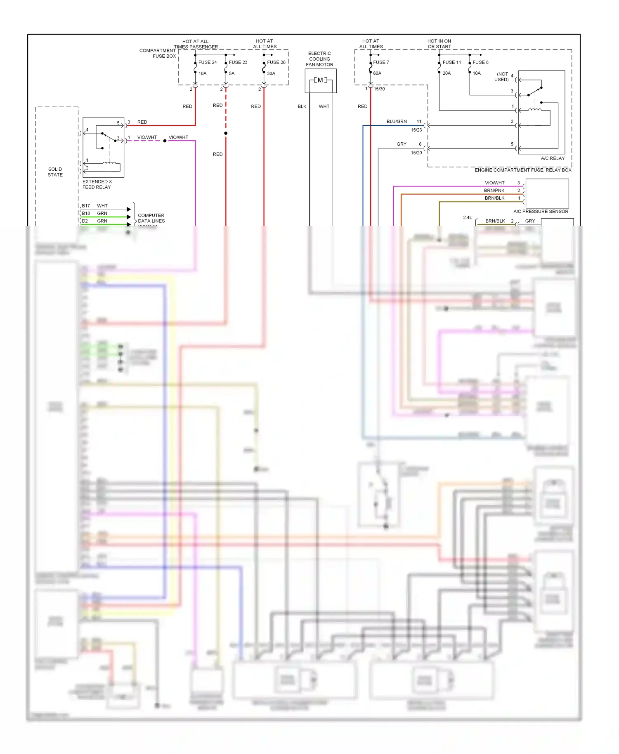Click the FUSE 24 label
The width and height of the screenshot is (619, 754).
[x=207, y=62]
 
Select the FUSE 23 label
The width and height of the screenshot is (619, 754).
[x=238, y=62]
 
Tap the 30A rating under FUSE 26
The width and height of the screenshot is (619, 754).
[x=271, y=73]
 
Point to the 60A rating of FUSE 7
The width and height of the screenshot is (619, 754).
[x=377, y=73]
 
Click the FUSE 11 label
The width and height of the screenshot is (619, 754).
[x=451, y=62]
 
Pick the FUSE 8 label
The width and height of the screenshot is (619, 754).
[x=480, y=62]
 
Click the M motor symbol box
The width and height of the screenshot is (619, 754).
[x=320, y=80]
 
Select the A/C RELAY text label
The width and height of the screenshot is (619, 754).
[x=553, y=158]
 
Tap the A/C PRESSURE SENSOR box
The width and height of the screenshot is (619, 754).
[x=547, y=193]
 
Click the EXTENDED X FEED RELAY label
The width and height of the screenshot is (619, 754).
[x=97, y=184]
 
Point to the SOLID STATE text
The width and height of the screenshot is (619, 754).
[x=55, y=172]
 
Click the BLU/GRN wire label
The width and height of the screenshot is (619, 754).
[x=396, y=122]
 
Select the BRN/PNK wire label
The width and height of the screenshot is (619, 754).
[x=494, y=191]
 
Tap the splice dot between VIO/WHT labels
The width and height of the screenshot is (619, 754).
[x=165, y=141]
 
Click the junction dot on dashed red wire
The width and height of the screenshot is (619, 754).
[x=226, y=133]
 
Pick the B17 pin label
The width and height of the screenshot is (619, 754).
[x=86, y=206]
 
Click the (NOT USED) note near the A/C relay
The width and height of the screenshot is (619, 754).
[x=501, y=77]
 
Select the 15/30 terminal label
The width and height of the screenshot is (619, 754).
[x=379, y=89]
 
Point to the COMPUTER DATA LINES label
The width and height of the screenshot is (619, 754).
[x=151, y=218]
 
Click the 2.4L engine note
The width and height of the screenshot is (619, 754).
[x=467, y=217]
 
